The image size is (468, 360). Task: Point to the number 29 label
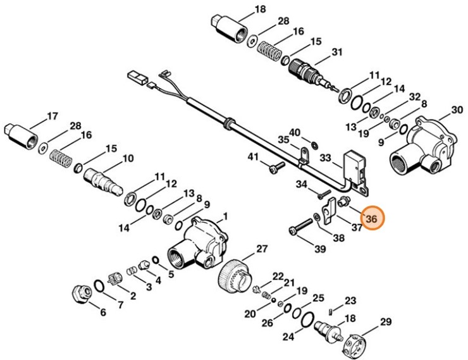pos(385,322)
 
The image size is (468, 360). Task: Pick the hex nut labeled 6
pos(81,295)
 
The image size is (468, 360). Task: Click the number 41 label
pos(253,156)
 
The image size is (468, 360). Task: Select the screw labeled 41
pos(275,168)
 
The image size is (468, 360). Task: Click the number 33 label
pos(326,156)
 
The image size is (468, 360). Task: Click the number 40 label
pos(295,132)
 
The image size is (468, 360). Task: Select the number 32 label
pos(414,97)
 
